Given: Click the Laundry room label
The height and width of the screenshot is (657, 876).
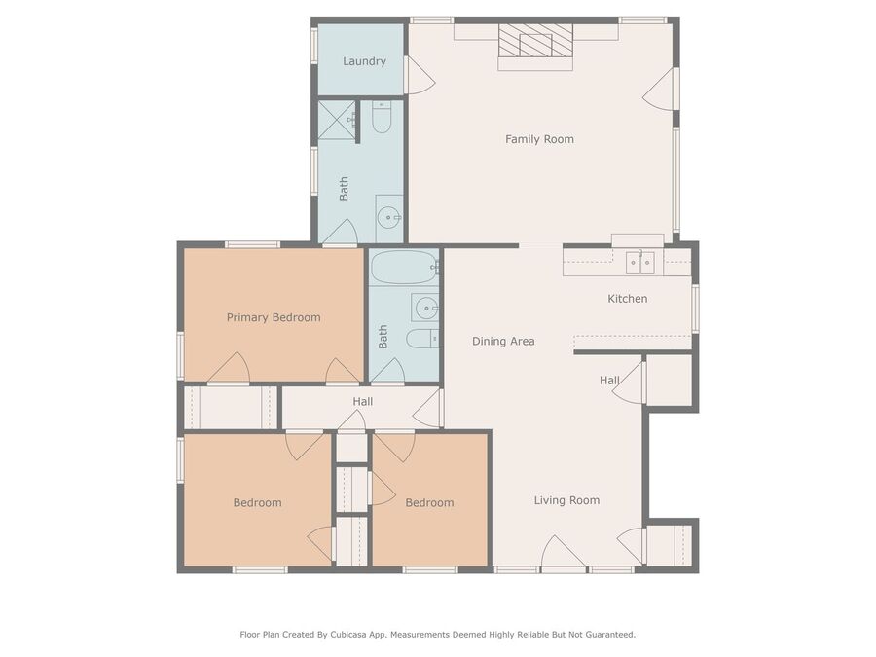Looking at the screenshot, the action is click(364, 61).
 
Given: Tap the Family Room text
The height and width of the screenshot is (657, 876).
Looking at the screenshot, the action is click(539, 139).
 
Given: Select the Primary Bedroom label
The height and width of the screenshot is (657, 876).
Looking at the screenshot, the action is click(274, 318).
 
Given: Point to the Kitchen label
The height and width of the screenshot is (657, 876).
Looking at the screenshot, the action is click(628, 299).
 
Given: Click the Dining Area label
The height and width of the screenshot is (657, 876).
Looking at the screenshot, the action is click(503, 342).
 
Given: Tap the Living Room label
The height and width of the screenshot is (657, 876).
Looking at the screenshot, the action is click(567, 500).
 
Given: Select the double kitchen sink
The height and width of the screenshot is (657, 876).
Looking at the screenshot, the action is click(639, 262).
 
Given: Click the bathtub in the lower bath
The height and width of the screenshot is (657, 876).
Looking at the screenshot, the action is click(405, 267).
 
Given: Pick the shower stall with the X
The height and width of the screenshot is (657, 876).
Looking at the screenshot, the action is click(337, 120).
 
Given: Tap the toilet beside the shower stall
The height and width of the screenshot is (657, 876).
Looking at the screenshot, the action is click(382, 118).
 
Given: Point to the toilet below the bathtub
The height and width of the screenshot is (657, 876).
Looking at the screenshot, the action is click(422, 338).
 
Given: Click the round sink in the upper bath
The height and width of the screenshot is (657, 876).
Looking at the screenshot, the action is click(388, 217).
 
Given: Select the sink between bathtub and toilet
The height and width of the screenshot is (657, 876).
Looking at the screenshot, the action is click(425, 308).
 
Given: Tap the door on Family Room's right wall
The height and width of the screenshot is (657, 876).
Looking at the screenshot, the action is click(660, 90).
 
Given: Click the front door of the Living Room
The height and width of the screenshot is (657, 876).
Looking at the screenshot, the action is click(564, 553).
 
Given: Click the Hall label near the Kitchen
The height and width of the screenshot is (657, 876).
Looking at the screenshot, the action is click(609, 381).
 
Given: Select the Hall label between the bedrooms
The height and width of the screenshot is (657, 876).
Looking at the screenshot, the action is click(363, 402).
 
